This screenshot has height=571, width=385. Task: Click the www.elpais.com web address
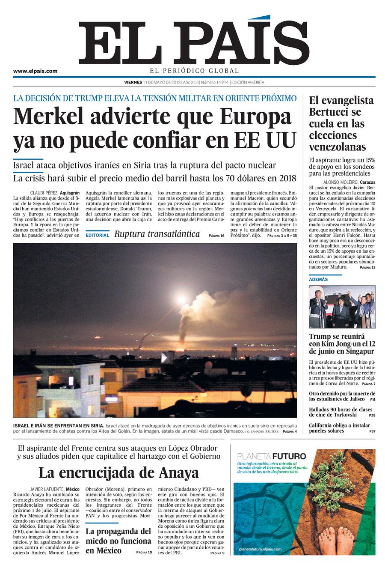35,71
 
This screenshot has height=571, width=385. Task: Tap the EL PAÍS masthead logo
194,42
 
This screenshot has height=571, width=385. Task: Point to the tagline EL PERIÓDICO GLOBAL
194,71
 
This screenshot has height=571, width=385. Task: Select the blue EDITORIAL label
97,235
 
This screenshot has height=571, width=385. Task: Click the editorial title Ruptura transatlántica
157,234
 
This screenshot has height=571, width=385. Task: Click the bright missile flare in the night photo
181,299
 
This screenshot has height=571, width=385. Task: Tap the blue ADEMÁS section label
318,279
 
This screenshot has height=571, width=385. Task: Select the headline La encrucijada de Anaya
118,473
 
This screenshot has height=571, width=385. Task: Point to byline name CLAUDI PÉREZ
44,192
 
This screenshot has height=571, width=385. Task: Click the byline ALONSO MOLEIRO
335,182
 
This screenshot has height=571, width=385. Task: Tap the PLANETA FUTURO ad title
272,456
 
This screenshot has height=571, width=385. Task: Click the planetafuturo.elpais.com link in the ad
260,549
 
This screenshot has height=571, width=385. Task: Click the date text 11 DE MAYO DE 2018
161,82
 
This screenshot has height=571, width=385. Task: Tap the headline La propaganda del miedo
118,541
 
